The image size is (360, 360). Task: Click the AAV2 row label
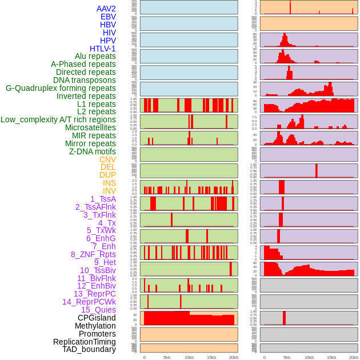click(106, 9)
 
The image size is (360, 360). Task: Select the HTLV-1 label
click(102, 49)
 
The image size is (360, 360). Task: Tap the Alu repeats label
click(95, 57)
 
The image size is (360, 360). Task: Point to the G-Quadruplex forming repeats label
click(61, 88)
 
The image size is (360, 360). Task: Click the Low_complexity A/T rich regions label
click(58, 119)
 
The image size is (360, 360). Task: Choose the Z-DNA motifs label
click(92, 151)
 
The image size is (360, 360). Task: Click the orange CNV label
click(107, 159)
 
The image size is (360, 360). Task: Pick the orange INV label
click(109, 191)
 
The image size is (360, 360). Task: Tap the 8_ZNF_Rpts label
click(93, 254)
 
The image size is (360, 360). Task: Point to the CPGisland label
click(97, 318)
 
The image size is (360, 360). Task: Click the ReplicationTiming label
click(84, 342)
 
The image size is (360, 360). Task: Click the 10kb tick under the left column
click(189, 357)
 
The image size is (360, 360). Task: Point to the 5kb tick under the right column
click(286, 357)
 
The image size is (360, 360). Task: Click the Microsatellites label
click(90, 127)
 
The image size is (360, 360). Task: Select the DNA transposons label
click(85, 80)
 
